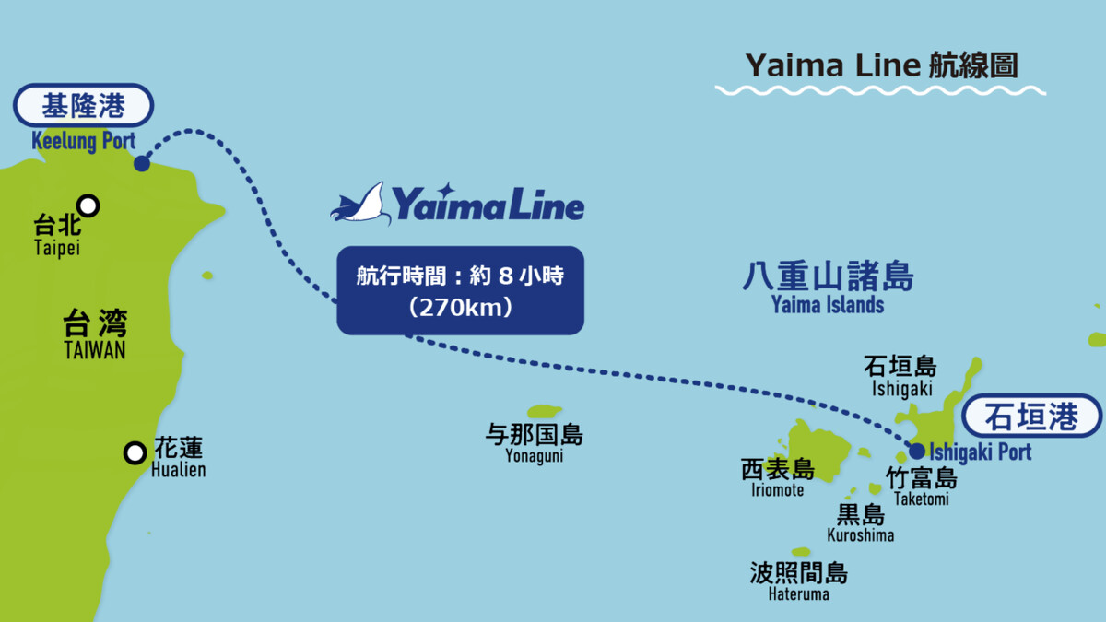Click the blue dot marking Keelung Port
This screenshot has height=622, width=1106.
[142, 163]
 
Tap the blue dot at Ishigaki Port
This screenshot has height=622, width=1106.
[917, 451]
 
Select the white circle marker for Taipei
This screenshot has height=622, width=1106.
[88, 205]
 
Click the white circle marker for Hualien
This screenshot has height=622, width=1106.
[135, 453]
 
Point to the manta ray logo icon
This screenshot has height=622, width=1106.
[361, 204]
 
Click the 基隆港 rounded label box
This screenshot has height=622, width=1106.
[84, 105]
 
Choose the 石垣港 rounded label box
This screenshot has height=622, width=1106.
[1031, 417]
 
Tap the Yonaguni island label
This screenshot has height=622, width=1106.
[535, 455]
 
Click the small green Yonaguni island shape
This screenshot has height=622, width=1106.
[545, 411]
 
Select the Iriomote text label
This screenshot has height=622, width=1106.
[777, 489]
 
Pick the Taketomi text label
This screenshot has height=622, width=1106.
[922, 499]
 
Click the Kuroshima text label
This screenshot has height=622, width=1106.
[861, 535]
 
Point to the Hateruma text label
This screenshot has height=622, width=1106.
[798, 593]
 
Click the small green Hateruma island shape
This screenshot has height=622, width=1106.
[801, 551]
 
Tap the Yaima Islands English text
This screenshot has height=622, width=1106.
[828, 305]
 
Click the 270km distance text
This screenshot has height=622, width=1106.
[460, 308]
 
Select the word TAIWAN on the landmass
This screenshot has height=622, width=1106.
[95, 350]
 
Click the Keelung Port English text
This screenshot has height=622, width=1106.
[84, 141]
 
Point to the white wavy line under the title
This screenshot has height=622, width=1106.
[880, 90]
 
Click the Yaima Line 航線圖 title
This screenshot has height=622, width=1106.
[882, 65]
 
